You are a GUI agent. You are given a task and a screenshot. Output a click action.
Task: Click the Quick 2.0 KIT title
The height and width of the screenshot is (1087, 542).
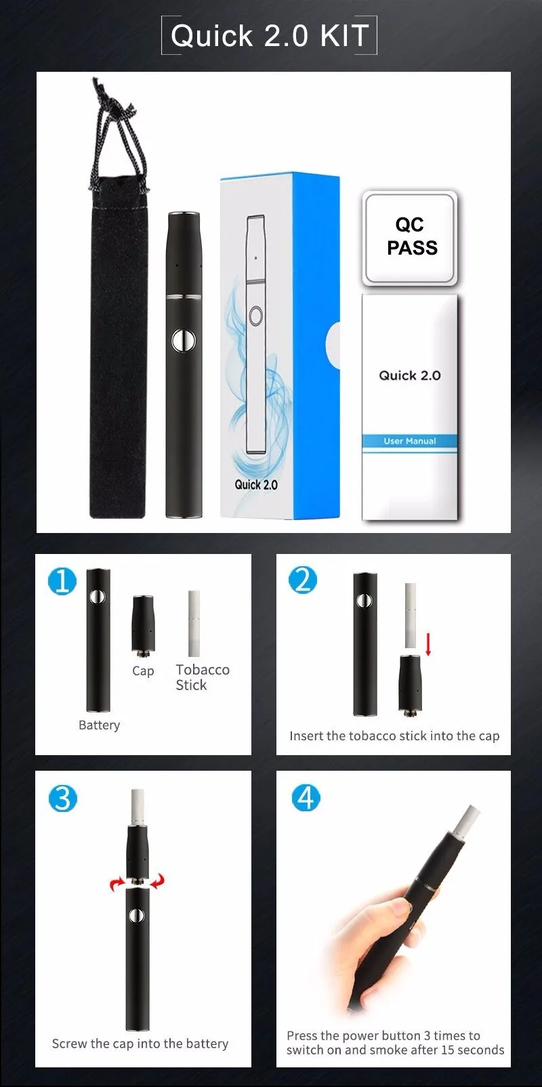click(270, 35)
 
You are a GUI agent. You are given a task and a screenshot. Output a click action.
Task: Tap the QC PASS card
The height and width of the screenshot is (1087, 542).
click(410, 237)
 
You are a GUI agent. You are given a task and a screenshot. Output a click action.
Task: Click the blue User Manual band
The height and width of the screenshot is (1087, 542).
click(409, 441)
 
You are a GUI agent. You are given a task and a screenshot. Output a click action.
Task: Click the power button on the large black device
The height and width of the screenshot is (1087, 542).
click(184, 341)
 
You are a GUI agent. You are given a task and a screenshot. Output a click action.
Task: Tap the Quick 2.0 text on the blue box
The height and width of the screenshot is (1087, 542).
click(256, 485)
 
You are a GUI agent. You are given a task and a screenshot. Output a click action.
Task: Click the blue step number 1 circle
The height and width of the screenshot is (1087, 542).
click(62, 581)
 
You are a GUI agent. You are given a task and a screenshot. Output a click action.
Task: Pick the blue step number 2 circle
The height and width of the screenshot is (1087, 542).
click(303, 580)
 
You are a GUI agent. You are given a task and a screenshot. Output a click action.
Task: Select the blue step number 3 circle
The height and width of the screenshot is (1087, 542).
click(63, 798)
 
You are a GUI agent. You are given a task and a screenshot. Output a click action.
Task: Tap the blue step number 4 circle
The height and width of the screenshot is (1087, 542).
click(306, 798)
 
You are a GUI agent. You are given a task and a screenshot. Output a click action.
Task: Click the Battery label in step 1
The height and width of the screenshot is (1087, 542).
click(99, 725)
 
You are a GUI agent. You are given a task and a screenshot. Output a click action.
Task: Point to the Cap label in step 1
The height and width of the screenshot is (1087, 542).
click(143, 671)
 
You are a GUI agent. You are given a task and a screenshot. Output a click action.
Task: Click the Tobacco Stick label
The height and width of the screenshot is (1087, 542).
click(202, 677)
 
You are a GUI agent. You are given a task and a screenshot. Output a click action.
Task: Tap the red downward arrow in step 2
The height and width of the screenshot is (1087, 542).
click(428, 644)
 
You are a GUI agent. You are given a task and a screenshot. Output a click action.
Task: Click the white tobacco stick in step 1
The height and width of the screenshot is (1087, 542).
click(194, 623)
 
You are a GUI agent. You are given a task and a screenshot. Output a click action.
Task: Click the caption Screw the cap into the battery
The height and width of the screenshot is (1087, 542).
click(140, 1044)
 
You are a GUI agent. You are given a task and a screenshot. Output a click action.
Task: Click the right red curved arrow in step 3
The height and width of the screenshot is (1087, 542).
click(158, 882)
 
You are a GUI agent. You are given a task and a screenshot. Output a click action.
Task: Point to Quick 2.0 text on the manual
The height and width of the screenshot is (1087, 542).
click(409, 376)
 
